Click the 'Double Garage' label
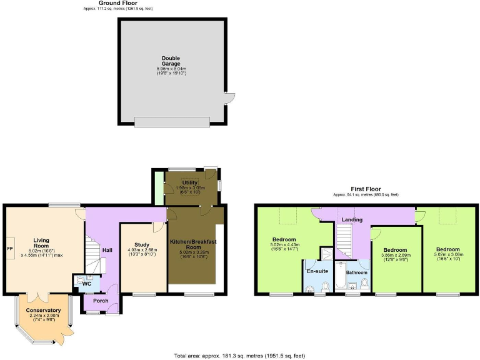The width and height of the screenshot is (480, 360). point(171,61)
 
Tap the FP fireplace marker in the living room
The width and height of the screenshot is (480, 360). point(9,248)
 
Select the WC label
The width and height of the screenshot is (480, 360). point(87,283)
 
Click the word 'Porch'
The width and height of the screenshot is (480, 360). point(101,301)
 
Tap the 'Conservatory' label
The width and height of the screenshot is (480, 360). point(43,310)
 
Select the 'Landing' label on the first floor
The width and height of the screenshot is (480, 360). point(352,219)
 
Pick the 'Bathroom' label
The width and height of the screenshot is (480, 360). point(357,272)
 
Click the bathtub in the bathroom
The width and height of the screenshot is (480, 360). point(341,278)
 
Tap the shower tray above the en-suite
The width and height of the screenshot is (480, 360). point(326,253)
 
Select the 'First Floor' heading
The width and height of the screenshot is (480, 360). point(366,189)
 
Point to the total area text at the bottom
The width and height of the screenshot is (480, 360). point(239,356)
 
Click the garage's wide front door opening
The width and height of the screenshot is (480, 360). point(172,121)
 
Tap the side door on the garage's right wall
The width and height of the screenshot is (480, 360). point(229,98)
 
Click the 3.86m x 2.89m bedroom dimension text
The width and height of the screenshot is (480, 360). point(396,256)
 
